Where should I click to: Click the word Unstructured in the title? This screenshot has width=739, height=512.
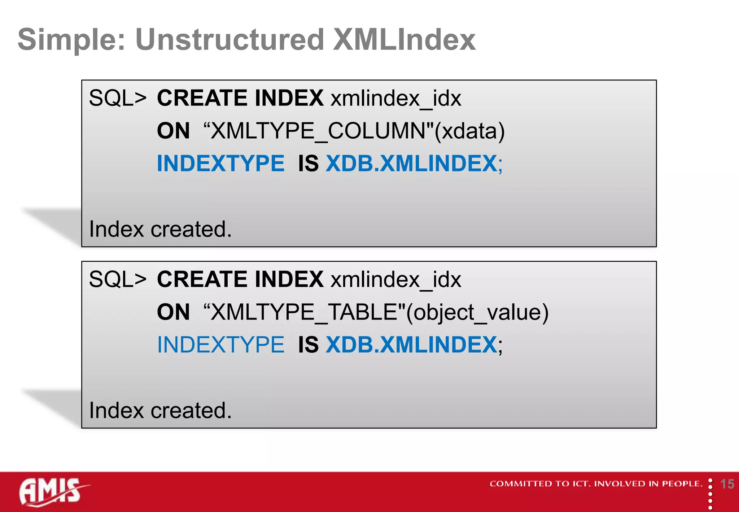pos(229,40)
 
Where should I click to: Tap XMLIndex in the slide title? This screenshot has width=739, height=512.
pos(404,40)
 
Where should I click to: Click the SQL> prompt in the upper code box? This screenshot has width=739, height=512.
pos(118,98)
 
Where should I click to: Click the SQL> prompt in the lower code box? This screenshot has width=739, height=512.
pos(118,279)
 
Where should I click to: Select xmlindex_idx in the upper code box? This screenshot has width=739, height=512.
pos(396,98)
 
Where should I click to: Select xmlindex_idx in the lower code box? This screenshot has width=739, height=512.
pos(396,279)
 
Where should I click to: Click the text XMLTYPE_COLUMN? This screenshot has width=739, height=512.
pos(318,131)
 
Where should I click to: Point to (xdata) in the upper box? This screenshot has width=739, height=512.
pos(469,131)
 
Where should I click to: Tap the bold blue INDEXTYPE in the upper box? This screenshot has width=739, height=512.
pos(220,164)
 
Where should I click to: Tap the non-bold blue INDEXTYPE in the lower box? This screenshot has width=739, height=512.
pos(220,345)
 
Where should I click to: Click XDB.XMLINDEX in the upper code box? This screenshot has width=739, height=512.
pos(411,164)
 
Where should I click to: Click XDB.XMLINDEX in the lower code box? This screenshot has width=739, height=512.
pos(411,345)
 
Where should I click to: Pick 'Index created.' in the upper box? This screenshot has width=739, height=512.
pos(160,229)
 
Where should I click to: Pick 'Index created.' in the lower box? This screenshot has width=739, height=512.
pos(160,411)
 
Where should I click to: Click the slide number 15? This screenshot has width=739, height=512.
pos(727,484)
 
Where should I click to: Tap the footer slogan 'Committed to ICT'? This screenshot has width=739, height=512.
pos(596,484)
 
